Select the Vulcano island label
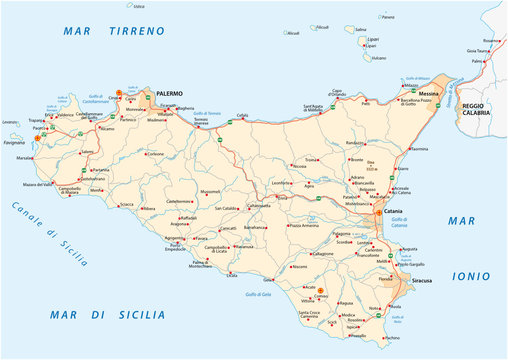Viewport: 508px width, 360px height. coord(378,58)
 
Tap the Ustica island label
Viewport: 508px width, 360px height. coord(139,6)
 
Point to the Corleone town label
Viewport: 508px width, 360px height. coord(154,155)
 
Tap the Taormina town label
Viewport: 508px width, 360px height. coord(419,149)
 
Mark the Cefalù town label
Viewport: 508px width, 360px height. coord(241,115)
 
